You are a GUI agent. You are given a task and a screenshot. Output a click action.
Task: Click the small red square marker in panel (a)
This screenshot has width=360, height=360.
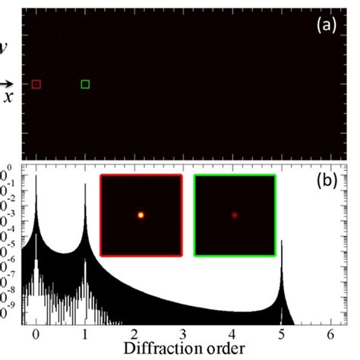click(x=36, y=84)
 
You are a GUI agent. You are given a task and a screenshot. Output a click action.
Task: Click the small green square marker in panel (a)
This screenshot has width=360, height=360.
click(x=85, y=84)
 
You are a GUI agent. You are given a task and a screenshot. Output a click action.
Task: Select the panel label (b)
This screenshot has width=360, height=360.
click(x=330, y=182)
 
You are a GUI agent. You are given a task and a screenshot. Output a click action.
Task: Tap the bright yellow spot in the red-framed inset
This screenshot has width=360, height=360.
click(x=141, y=215)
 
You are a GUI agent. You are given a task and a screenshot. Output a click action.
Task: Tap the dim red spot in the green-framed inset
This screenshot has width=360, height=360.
click(x=235, y=215)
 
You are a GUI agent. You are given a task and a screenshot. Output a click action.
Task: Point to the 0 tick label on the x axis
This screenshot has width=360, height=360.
click(x=36, y=333)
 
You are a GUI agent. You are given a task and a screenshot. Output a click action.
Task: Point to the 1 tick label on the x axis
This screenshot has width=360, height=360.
click(x=84, y=333)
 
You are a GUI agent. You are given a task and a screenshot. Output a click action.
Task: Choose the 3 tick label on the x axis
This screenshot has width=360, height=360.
click(x=182, y=333)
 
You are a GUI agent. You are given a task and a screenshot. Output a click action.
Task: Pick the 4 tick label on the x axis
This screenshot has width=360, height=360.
click(x=232, y=333)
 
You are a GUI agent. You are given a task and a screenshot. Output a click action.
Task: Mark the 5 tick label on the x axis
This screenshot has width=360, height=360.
click(x=280, y=333)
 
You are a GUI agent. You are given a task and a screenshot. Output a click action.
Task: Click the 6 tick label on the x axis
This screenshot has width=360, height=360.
click(x=329, y=333)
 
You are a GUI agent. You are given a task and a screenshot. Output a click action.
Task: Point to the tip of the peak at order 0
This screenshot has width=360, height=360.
click(x=36, y=173)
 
